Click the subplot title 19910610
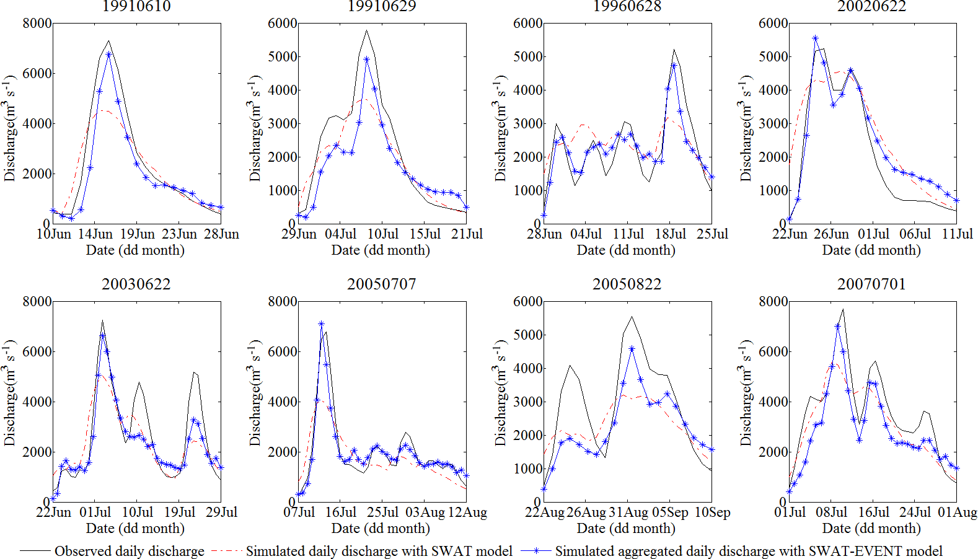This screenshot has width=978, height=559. click(136, 6)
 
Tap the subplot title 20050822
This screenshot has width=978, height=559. click(627, 284)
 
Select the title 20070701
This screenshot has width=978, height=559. click(871, 284)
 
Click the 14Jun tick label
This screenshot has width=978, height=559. click(95, 234)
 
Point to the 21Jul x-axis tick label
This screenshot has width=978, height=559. click(467, 234)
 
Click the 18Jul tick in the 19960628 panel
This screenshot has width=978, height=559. click(670, 234)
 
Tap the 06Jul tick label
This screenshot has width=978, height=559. click(915, 234)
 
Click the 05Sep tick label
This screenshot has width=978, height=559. click(670, 513)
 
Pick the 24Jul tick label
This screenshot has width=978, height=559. click(915, 513)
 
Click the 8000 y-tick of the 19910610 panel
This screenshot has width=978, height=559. click(37, 24)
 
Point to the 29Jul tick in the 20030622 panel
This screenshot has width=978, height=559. click(221, 513)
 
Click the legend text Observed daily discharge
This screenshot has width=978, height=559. click(129, 551)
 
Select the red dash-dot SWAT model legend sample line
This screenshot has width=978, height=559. click(226, 551)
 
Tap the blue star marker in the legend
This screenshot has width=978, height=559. click(536, 550)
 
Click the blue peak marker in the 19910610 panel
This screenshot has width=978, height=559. click(108, 55)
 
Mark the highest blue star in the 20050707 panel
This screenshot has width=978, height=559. click(321, 324)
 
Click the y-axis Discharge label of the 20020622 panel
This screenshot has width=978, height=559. click(746, 129)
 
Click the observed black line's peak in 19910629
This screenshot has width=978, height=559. click(366, 30)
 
